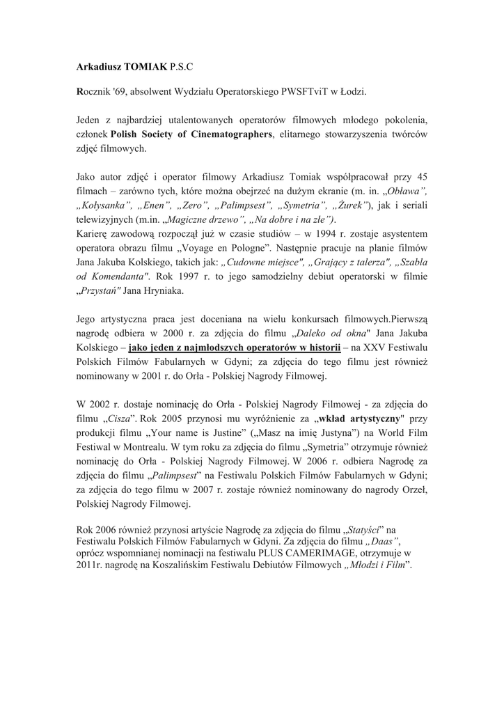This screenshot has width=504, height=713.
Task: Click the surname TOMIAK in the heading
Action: click(145, 68)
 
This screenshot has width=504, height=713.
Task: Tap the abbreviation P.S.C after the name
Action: click(180, 68)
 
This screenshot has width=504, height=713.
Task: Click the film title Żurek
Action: click(349, 205)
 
